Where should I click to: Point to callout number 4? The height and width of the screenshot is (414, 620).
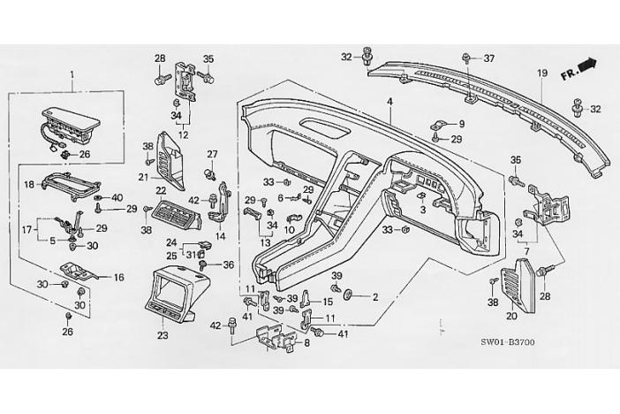[x=389, y=103]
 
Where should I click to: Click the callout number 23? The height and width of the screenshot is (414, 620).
[x=162, y=336]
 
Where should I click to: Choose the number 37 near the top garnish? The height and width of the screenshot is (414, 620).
[x=488, y=58]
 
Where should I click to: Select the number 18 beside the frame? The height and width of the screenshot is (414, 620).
[x=28, y=185]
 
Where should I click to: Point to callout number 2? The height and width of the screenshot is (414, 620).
[x=374, y=297]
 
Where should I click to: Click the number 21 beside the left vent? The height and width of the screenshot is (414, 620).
[x=143, y=177]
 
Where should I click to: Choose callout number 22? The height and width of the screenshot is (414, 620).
[x=161, y=190]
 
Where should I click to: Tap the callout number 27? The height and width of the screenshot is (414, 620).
[x=212, y=154]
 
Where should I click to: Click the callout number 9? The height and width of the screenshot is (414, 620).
[x=460, y=124]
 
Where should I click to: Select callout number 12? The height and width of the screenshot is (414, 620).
[x=183, y=134]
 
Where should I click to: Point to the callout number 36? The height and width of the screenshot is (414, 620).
[x=227, y=264]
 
